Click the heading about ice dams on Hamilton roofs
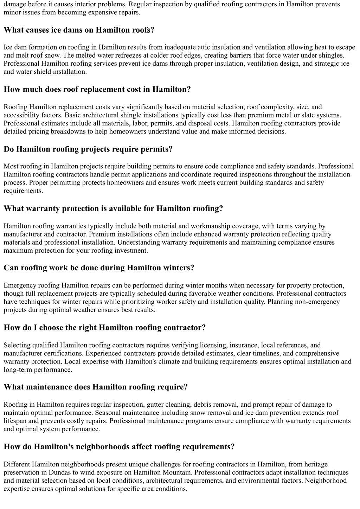coord(79,30)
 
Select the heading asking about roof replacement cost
coord(97,89)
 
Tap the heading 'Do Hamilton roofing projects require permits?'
coord(88,149)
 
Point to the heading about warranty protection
coord(113,208)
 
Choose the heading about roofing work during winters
coord(99,268)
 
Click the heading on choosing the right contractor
coord(105,328)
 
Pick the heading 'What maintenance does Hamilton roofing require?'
coord(96,387)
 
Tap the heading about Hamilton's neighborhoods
coord(119,447)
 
